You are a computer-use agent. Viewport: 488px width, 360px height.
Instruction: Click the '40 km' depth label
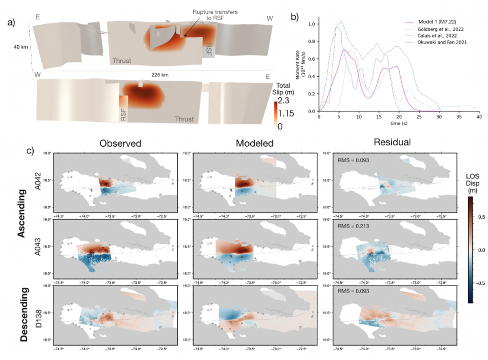[x=20, y=47]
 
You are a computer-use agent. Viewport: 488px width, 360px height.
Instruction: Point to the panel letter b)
[x=295, y=17]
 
